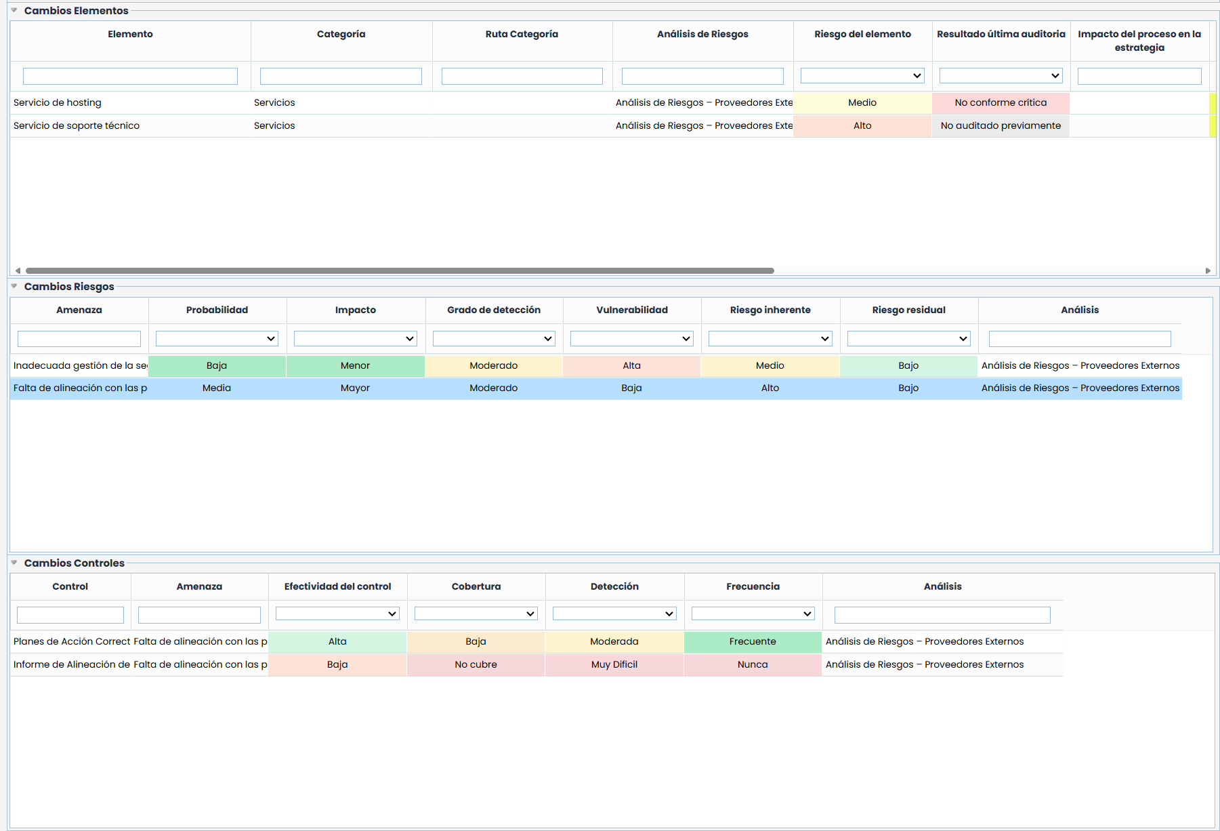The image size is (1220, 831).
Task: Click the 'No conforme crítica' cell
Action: pyautogui.click(x=1001, y=103)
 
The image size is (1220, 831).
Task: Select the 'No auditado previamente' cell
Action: pyautogui.click(x=1001, y=126)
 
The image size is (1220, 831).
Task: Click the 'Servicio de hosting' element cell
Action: pyautogui.click(x=58, y=103)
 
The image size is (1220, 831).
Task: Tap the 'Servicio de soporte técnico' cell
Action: pyautogui.click(x=77, y=126)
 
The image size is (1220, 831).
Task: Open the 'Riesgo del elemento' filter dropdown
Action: pyautogui.click(x=862, y=76)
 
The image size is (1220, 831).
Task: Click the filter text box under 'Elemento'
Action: pyautogui.click(x=130, y=76)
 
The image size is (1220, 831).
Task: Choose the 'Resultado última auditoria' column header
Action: pyautogui.click(x=1001, y=35)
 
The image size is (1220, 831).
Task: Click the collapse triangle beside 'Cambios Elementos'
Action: pyautogui.click(x=14, y=10)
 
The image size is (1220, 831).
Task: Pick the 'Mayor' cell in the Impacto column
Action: pyautogui.click(x=355, y=388)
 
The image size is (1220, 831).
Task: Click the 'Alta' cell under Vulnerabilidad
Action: pyautogui.click(x=631, y=366)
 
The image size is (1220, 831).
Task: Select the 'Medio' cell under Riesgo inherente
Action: pyautogui.click(x=770, y=366)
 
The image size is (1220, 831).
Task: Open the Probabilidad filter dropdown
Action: pyautogui.click(x=217, y=339)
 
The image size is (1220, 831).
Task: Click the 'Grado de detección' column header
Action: pyautogui.click(x=494, y=310)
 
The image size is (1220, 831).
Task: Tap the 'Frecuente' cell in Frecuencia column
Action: pyautogui.click(x=753, y=642)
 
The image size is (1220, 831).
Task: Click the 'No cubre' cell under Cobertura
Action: pyautogui.click(x=476, y=665)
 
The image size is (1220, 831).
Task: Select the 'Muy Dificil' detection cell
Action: pyautogui.click(x=614, y=665)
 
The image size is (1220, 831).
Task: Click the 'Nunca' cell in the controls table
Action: pyautogui.click(x=753, y=665)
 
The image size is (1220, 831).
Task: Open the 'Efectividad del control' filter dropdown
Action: pyautogui.click(x=337, y=614)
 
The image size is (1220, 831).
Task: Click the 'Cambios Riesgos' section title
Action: pyautogui.click(x=69, y=287)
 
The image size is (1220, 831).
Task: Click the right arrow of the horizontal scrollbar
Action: pyautogui.click(x=1208, y=270)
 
